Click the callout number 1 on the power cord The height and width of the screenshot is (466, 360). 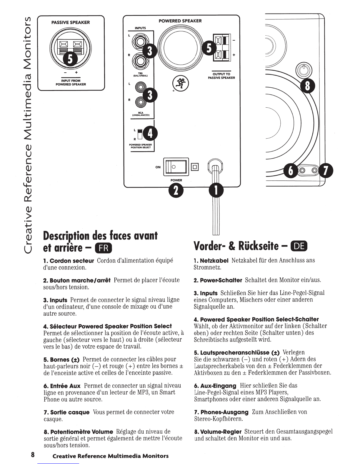point(216,191)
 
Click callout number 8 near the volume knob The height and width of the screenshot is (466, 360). point(308,86)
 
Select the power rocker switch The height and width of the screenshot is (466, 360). point(176,167)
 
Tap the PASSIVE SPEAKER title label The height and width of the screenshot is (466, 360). point(71,22)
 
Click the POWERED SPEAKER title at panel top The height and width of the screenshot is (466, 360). point(180,21)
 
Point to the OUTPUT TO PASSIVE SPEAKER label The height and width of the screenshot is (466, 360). point(221,76)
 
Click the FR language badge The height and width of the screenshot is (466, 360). point(104,248)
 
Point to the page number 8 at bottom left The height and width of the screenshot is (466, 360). point(33,455)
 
